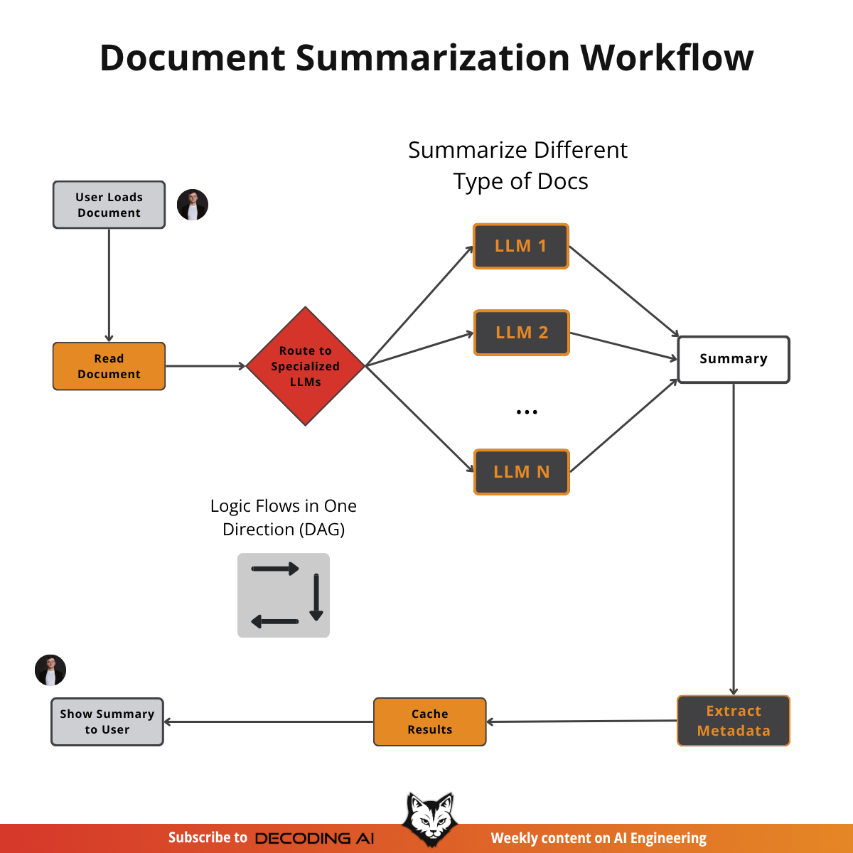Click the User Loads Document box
point(109,205)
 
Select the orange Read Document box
point(109,366)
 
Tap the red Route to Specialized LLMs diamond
point(306,366)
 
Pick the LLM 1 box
point(521,246)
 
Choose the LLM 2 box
point(522,333)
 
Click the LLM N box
point(522,472)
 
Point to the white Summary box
point(734,359)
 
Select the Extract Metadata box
point(734,721)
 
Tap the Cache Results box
point(430,721)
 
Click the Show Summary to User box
point(107,721)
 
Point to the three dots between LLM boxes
point(527,412)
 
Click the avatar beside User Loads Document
point(193,205)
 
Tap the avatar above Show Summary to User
point(50,670)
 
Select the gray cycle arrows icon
point(284,595)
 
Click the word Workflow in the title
point(667,58)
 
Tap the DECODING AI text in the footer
point(314,839)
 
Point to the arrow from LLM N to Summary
point(624,426)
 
